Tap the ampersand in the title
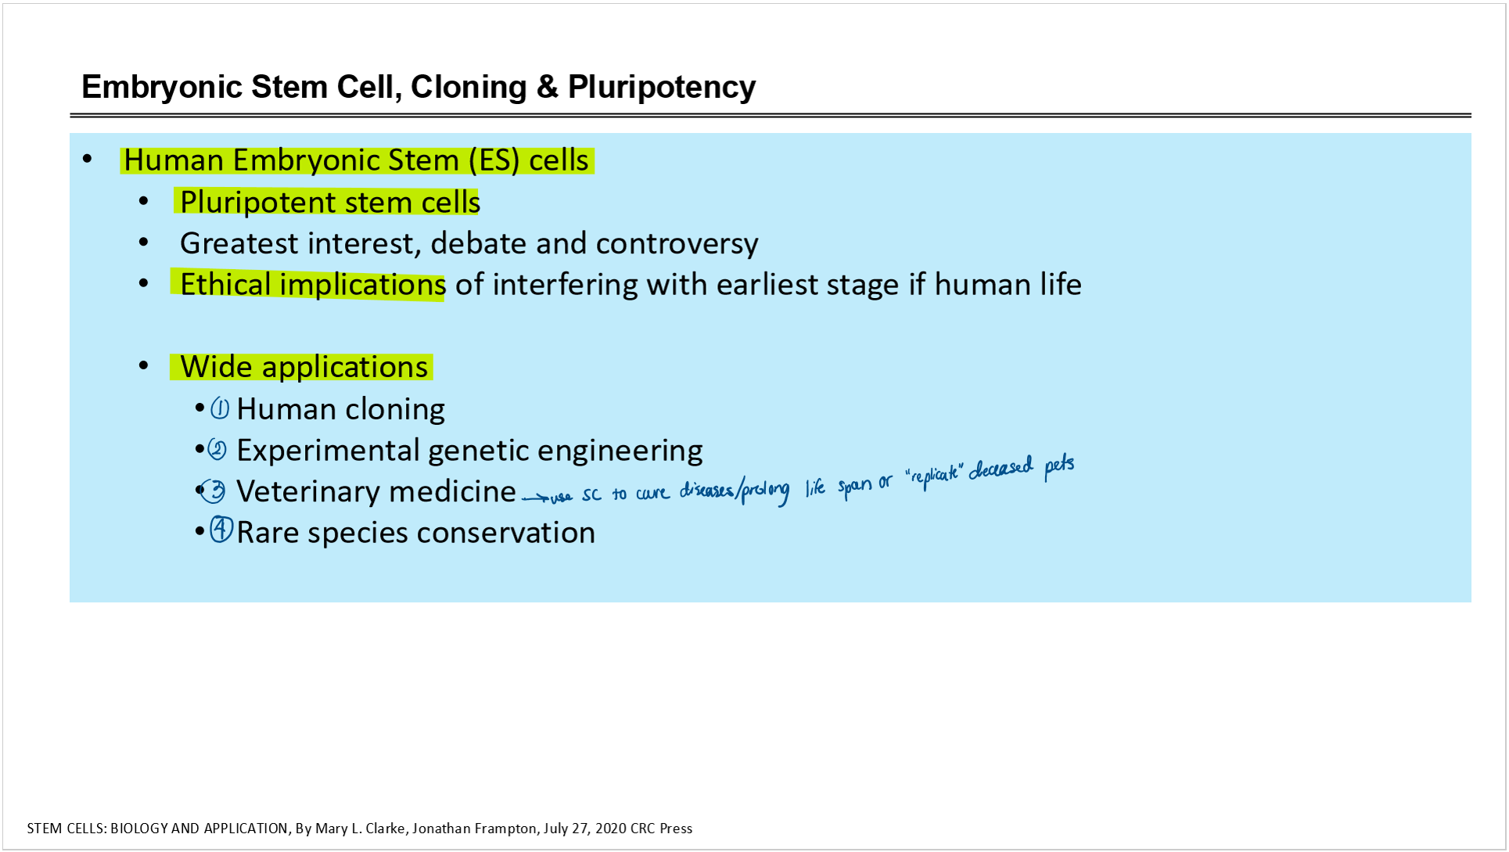tap(548, 87)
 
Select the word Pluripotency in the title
tap(662, 88)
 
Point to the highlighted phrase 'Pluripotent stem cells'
tap(329, 202)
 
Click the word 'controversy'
tap(677, 244)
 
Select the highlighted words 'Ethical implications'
tap(312, 285)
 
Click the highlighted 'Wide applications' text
tap(304, 367)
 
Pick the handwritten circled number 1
tap(220, 408)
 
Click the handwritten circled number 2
tap(217, 449)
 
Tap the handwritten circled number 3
tap(213, 491)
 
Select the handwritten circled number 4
tap(221, 530)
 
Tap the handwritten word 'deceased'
tap(1001, 469)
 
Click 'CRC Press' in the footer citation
tap(661, 829)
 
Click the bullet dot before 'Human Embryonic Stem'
tap(88, 160)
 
